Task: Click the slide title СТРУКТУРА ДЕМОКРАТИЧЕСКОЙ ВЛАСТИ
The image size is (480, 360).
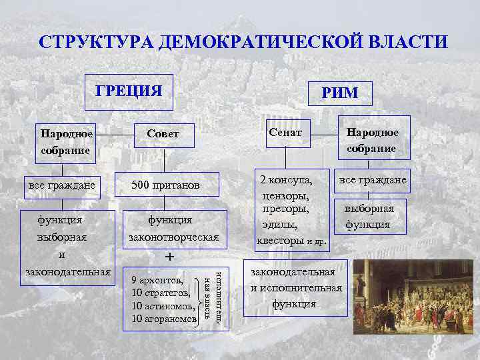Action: click(243, 42)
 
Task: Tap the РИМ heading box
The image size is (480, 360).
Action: click(340, 94)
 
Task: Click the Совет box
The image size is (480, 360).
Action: click(163, 134)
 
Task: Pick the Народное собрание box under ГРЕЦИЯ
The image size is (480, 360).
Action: click(65, 141)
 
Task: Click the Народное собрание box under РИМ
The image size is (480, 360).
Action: click(371, 140)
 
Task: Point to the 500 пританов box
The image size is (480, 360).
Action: click(165, 184)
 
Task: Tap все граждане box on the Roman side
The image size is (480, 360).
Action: click(373, 180)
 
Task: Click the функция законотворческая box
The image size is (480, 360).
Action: click(170, 228)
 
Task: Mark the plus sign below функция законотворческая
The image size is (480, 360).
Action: click(170, 257)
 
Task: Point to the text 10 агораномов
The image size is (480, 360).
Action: click(164, 319)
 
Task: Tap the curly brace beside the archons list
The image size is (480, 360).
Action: click(201, 299)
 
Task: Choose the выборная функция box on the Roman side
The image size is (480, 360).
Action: click(369, 217)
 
